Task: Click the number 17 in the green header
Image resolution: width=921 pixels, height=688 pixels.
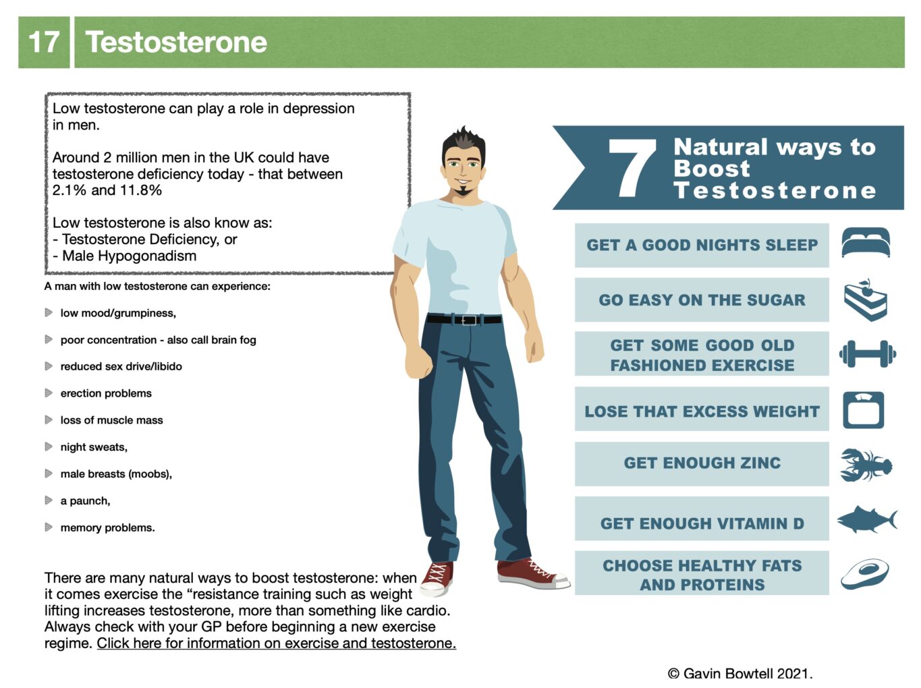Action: point(44,42)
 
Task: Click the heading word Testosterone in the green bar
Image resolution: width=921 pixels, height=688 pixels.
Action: point(176,42)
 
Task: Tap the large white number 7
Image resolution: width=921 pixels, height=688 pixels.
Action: point(632,168)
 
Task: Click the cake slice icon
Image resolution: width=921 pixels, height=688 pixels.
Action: point(865,299)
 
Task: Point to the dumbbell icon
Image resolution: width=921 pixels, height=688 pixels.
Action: point(867,354)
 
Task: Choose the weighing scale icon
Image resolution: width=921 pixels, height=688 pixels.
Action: point(863,410)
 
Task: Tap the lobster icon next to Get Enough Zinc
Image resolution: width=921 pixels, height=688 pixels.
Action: point(866,465)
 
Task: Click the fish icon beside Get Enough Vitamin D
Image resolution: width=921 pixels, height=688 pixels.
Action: point(867,519)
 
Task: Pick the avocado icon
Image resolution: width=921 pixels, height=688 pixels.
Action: point(864,574)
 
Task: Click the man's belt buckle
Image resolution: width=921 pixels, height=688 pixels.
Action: point(468,320)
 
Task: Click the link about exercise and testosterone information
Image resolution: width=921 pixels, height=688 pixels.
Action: point(277,643)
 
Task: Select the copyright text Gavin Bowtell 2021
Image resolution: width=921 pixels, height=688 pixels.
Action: point(740,673)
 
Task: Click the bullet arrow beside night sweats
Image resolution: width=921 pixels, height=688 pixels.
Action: point(49,447)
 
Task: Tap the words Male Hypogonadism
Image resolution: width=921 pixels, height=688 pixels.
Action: point(130,256)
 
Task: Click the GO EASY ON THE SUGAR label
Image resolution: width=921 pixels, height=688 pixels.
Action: point(702,300)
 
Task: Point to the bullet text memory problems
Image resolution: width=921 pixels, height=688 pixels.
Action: point(107,527)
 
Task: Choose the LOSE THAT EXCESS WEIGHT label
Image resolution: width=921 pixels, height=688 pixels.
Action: point(702,411)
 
